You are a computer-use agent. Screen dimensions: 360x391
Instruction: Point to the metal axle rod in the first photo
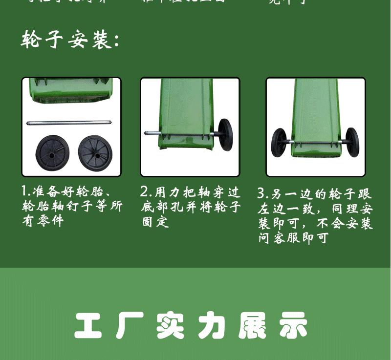point(71,123)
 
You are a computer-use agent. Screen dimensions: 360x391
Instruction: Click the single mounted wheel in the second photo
point(225,134)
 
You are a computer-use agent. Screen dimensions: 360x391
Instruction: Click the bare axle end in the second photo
point(147,132)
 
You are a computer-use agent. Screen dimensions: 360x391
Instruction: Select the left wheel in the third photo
point(279,142)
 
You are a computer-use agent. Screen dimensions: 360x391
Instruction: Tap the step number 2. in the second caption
point(146,191)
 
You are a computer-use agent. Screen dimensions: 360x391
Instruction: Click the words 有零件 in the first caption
point(43,221)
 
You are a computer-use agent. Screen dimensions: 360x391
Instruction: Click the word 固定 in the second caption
point(155,222)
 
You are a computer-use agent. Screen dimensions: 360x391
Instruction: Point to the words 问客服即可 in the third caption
point(293,238)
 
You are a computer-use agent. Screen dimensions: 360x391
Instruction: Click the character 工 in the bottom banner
point(88,325)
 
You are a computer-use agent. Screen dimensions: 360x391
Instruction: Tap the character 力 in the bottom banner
point(212,325)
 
